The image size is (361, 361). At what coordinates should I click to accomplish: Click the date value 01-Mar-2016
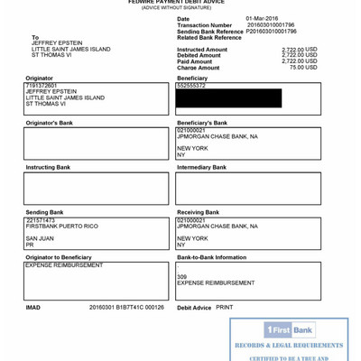(x=262, y=18)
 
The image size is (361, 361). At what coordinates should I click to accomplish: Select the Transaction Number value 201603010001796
(x=270, y=24)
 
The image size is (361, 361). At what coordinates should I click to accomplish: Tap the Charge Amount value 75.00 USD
(x=303, y=67)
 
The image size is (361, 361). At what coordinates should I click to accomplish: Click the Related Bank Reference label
(x=210, y=37)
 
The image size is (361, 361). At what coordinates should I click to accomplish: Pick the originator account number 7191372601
(x=41, y=86)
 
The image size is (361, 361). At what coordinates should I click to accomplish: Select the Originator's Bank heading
(x=49, y=123)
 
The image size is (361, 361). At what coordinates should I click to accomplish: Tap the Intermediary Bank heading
(x=202, y=167)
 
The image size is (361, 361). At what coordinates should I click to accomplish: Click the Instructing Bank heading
(x=48, y=167)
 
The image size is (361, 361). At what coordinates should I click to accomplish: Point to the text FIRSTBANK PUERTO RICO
(x=61, y=226)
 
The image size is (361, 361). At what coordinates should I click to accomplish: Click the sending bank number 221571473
(x=41, y=219)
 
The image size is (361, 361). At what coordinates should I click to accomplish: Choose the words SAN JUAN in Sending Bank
(x=40, y=238)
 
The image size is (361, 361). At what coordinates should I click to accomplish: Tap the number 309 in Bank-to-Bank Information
(x=181, y=276)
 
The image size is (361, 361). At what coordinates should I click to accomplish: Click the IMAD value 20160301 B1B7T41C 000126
(x=126, y=307)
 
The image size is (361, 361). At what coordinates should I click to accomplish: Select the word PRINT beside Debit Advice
(x=225, y=307)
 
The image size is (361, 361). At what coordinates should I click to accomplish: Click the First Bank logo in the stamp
(x=289, y=329)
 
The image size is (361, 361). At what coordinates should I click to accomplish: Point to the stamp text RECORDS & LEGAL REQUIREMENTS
(x=289, y=346)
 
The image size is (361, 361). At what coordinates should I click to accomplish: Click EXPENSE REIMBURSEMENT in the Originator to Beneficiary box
(x=64, y=265)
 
